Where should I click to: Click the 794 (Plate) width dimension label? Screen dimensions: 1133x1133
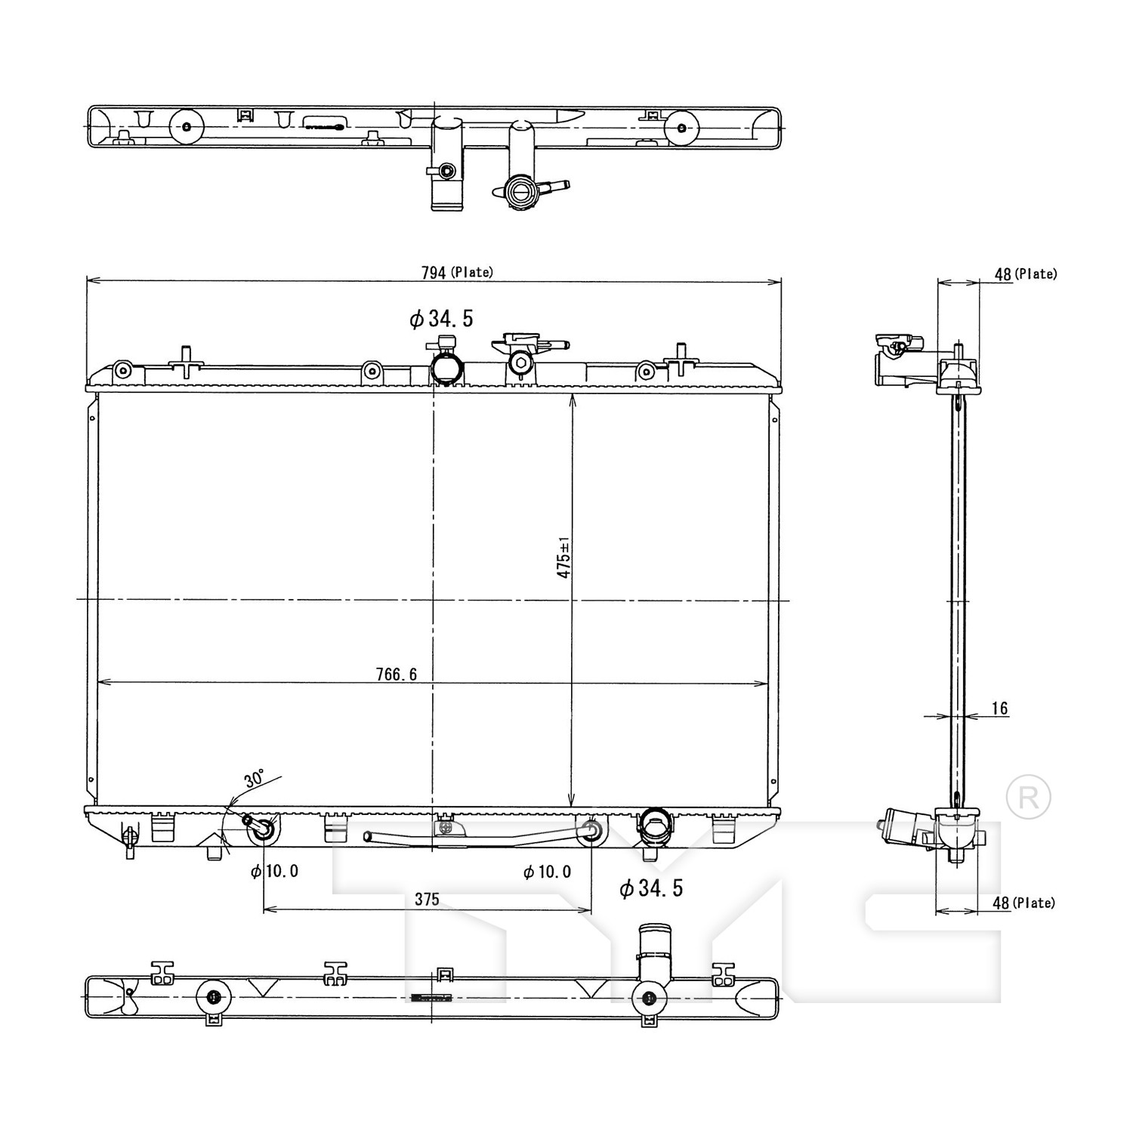tap(456, 272)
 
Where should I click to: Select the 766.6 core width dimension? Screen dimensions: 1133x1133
tap(397, 675)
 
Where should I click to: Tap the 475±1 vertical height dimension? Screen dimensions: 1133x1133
tap(563, 557)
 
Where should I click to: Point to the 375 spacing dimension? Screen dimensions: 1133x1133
tap(427, 899)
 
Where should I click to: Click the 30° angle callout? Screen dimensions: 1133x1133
tap(254, 778)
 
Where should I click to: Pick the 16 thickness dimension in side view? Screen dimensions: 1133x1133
tap(999, 709)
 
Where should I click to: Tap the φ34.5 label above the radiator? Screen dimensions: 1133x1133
tap(441, 319)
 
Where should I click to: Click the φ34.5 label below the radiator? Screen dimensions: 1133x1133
tap(651, 888)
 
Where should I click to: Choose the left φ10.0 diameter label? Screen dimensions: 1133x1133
tap(275, 872)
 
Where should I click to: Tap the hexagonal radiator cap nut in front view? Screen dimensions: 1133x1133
tap(519, 363)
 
